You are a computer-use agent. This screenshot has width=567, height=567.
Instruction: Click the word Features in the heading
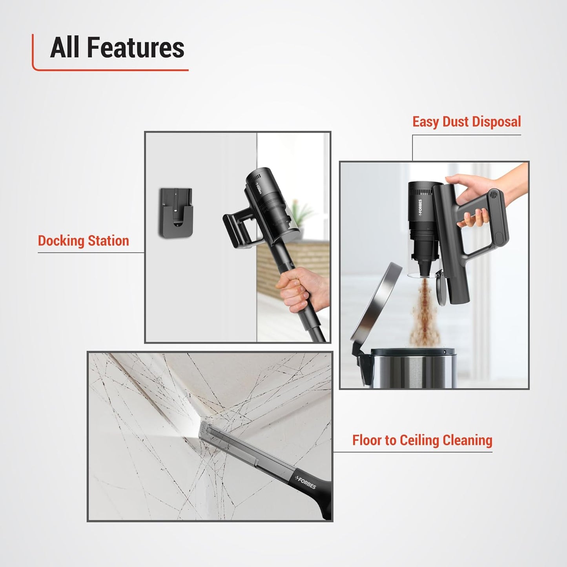(x=135, y=48)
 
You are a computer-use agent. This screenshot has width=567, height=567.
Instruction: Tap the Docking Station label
(x=83, y=241)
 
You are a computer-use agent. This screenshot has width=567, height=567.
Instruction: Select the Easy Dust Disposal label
(x=467, y=122)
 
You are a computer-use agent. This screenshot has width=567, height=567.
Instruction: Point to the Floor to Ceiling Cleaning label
(x=422, y=440)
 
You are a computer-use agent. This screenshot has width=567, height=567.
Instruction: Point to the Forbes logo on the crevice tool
(x=306, y=482)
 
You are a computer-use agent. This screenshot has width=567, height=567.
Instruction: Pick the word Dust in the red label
(x=456, y=122)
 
